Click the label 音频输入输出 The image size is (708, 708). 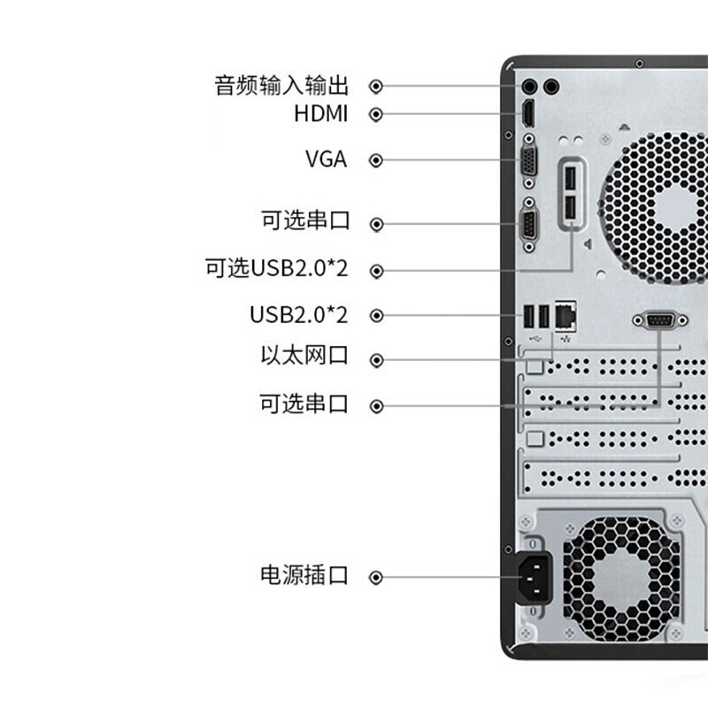pyautogui.click(x=281, y=86)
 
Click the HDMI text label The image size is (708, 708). pyautogui.click(x=320, y=114)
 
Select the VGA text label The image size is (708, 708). pyautogui.click(x=326, y=160)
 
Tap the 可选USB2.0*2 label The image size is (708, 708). pyautogui.click(x=276, y=269)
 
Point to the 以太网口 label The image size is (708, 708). pyautogui.click(x=304, y=357)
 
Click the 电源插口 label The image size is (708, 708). pyautogui.click(x=304, y=576)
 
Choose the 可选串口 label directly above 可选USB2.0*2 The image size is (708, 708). pyautogui.click(x=304, y=221)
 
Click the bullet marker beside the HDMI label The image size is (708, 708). pyautogui.click(x=376, y=114)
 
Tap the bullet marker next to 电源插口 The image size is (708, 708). pyautogui.click(x=376, y=577)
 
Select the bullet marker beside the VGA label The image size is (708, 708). pyautogui.click(x=376, y=160)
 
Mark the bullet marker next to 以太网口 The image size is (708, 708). pyautogui.click(x=376, y=359)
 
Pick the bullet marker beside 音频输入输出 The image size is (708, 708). pyautogui.click(x=376, y=86)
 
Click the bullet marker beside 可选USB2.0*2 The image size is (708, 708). pyautogui.click(x=376, y=270)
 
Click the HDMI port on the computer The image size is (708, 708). pyautogui.click(x=528, y=114)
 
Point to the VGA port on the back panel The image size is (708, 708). pyautogui.click(x=529, y=161)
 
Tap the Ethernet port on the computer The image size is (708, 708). pyautogui.click(x=566, y=314)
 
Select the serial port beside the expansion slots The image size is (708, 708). pyautogui.click(x=658, y=320)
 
